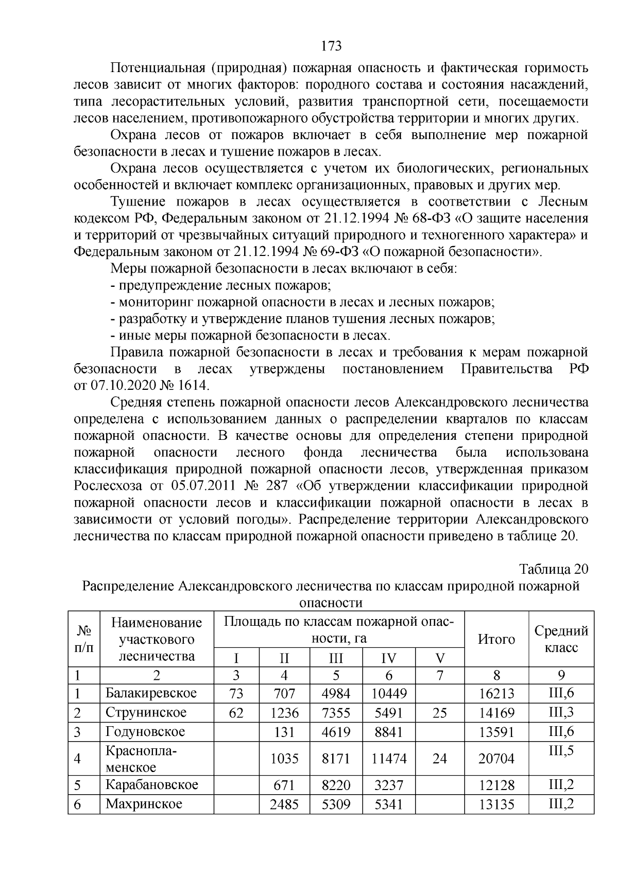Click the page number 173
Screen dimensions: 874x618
click(332, 46)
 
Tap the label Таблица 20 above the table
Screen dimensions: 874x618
click(553, 569)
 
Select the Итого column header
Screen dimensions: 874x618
click(496, 639)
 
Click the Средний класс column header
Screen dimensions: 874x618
click(561, 639)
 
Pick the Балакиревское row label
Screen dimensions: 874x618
click(151, 693)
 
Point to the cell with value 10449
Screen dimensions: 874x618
click(389, 694)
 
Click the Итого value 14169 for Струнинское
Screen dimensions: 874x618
click(496, 713)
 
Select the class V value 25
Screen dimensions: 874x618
click(439, 713)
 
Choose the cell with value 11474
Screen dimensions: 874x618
click(389, 759)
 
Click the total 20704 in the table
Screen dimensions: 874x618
click(496, 759)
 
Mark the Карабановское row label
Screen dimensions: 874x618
click(152, 785)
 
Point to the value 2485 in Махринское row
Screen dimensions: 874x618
click(284, 804)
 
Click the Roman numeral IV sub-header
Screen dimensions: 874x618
click(389, 658)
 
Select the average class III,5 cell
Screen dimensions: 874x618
click(561, 751)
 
